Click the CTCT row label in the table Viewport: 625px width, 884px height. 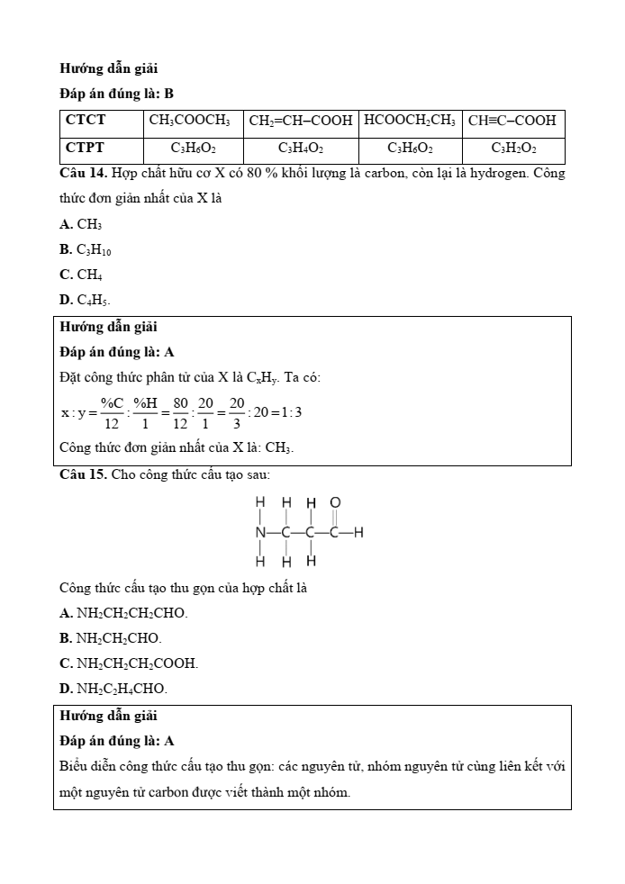[86, 120]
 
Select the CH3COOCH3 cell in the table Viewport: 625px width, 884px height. [189, 120]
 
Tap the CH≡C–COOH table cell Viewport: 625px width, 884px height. [512, 120]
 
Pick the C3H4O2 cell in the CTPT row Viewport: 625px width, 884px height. [301, 148]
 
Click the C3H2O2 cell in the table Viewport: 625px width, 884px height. [513, 148]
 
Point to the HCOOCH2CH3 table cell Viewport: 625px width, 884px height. [410, 120]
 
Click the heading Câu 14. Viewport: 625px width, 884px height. [84, 173]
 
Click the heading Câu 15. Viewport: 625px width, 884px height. [84, 474]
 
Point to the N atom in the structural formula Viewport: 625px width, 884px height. [260, 532]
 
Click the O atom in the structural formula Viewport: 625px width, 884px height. [335, 502]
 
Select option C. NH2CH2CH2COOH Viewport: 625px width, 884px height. [129, 663]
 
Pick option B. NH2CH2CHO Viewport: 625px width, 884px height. [111, 638]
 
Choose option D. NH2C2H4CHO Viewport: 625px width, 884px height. [113, 689]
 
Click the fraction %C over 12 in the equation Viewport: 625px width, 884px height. [111, 412]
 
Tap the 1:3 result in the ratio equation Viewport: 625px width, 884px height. [287, 412]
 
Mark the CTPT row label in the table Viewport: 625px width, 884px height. [86, 148]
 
